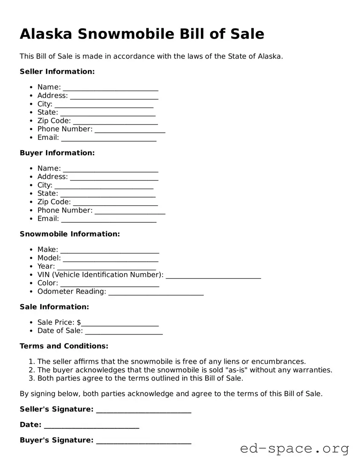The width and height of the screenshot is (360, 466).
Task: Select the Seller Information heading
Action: point(57,71)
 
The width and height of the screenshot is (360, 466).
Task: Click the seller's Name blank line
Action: point(110,88)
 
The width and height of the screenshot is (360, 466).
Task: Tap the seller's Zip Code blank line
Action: point(115,122)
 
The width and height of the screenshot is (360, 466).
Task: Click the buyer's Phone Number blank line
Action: point(130,212)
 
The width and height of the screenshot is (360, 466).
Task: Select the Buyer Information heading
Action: point(57,153)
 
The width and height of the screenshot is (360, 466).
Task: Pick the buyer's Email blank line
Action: point(109,220)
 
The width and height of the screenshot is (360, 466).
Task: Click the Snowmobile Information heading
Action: point(70,234)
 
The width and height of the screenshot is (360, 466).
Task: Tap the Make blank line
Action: point(110,251)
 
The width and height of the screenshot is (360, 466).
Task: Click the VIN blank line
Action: point(213,276)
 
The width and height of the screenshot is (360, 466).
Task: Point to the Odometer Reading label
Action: point(72,291)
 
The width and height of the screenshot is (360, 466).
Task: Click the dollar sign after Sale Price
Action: point(79,322)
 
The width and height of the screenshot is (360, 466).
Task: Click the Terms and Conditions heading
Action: point(64,346)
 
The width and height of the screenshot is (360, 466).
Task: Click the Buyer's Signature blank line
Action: point(143,442)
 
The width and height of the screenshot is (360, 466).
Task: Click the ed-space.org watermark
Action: point(294,449)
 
